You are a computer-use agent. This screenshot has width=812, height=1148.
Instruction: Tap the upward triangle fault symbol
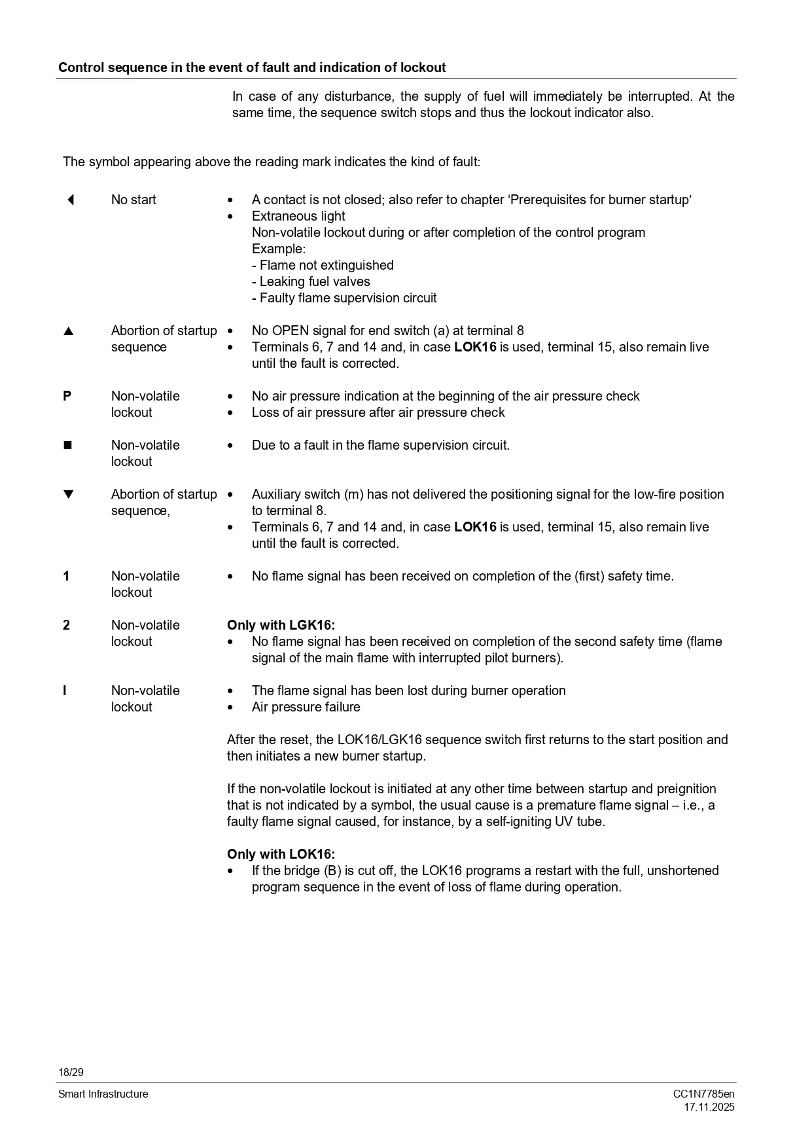tap(68, 331)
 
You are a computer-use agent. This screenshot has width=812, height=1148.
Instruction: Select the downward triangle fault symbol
tap(68, 494)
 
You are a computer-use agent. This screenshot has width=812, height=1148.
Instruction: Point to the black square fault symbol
tap(67, 445)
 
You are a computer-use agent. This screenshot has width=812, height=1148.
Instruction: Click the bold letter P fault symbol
tap(67, 396)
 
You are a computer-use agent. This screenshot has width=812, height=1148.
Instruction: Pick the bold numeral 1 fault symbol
tap(66, 576)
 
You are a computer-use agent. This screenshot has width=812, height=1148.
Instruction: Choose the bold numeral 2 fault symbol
tap(66, 625)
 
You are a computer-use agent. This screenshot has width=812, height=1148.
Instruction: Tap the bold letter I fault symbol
tap(65, 691)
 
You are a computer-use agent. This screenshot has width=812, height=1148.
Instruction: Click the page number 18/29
tap(71, 1072)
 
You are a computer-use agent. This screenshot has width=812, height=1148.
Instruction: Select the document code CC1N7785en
tap(703, 1094)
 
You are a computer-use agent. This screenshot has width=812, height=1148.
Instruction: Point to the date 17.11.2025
tap(709, 1107)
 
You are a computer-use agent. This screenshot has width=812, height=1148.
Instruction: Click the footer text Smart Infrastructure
tap(103, 1094)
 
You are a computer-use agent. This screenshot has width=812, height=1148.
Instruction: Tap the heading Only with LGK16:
tap(281, 625)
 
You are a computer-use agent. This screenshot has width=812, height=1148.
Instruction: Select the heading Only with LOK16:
tap(281, 854)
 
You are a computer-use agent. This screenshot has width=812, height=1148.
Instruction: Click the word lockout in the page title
tap(423, 67)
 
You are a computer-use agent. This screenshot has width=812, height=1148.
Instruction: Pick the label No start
tap(133, 200)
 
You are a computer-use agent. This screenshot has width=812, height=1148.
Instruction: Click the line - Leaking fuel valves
tap(311, 281)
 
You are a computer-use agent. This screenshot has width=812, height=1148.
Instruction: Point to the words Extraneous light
tap(298, 216)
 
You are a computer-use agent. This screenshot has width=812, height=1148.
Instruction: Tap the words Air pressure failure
tap(306, 707)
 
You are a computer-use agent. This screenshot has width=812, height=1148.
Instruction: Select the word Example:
tap(279, 249)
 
